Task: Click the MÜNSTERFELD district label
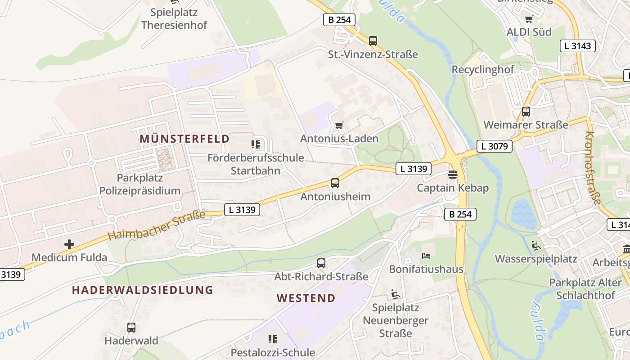tap(184, 139)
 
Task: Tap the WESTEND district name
tap(306, 298)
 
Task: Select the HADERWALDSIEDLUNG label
tap(143, 290)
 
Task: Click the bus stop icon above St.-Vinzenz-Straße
tap(373, 41)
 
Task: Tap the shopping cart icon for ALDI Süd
tap(529, 19)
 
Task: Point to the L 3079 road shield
tap(495, 146)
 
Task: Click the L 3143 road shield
tap(578, 45)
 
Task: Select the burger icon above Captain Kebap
tap(453, 174)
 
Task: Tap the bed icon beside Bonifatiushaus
tap(426, 256)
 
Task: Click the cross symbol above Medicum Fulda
tap(69, 244)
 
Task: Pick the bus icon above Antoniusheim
tap(335, 183)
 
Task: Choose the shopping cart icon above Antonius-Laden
tap(339, 125)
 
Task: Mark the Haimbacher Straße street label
tap(156, 226)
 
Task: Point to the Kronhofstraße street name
tap(593, 167)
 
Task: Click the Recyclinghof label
tap(483, 70)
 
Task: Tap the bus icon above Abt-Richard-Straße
tap(321, 263)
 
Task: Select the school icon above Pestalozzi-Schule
tap(272, 339)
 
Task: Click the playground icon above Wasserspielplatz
tap(536, 246)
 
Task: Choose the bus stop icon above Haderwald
tap(131, 328)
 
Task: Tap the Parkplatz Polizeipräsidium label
tap(140, 184)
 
